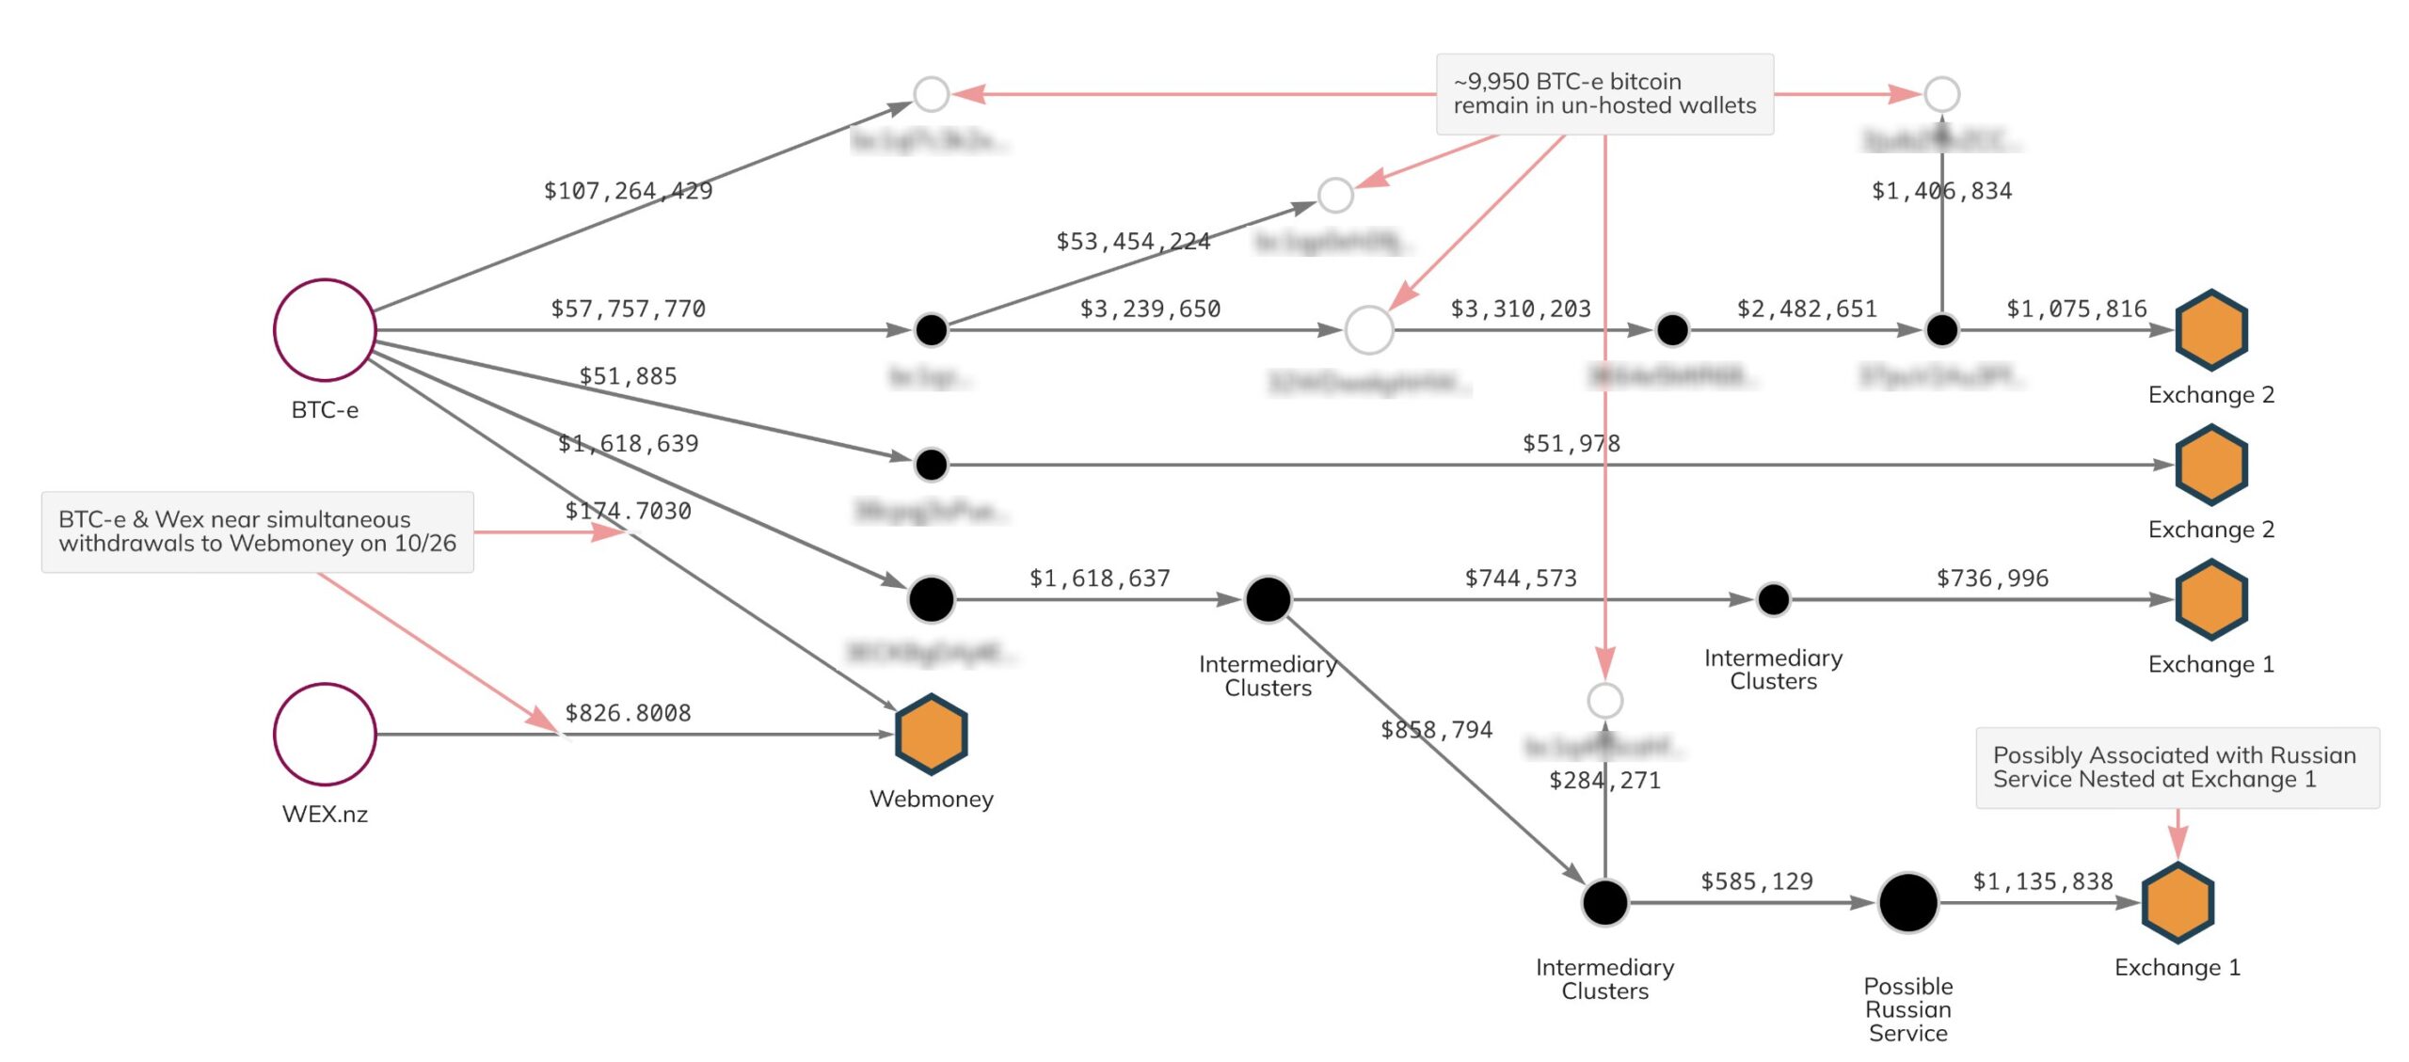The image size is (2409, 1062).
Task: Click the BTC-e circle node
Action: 325,330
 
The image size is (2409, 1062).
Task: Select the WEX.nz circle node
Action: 325,734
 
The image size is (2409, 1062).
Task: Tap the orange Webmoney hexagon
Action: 931,734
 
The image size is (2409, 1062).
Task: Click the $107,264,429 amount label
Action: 628,191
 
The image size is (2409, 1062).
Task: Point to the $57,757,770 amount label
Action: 628,309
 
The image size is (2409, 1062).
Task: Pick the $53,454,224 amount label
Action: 1133,242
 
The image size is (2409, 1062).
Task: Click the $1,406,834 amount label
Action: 1941,191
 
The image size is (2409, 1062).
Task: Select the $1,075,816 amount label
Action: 2076,309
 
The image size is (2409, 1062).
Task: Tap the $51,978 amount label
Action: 1571,443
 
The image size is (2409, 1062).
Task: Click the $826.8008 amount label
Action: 628,713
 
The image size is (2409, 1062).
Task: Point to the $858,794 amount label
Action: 1436,730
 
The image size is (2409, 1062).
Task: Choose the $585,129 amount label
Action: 1756,881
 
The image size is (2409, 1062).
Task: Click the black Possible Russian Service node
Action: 1907,903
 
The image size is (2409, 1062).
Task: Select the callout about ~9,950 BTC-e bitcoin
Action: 1604,94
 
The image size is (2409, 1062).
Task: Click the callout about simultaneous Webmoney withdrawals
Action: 257,531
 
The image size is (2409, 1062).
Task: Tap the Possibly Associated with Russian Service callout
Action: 2177,768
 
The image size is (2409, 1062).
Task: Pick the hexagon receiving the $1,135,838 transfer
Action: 2177,903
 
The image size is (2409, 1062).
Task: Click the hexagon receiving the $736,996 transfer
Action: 2210,599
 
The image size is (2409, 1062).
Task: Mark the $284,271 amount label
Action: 1604,781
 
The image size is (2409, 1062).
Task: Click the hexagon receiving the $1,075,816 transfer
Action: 2210,330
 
